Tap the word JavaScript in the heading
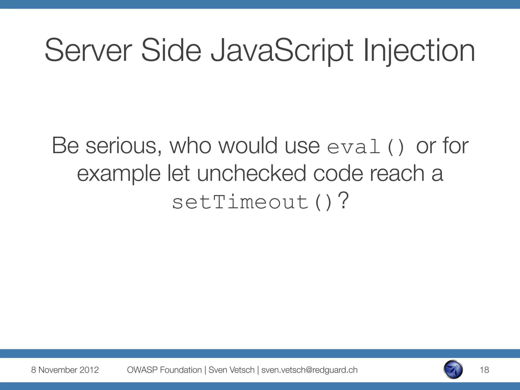tap(282, 50)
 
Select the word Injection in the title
tap(419, 50)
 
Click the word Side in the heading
tap(171, 50)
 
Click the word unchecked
tap(251, 173)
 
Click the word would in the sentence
tap(248, 146)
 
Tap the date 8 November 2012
tap(65, 370)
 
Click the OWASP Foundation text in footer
tap(164, 370)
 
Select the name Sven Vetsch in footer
tap(231, 370)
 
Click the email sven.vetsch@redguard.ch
tap(309, 370)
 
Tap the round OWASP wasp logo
tap(453, 369)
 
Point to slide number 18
tap(484, 370)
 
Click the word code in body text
tap(338, 173)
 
